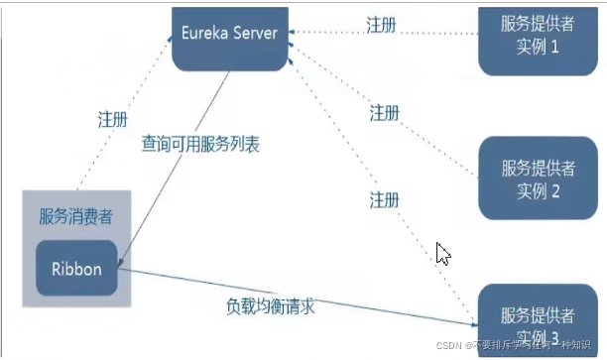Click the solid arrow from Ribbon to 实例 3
point(298,297)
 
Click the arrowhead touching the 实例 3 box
point(472,324)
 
